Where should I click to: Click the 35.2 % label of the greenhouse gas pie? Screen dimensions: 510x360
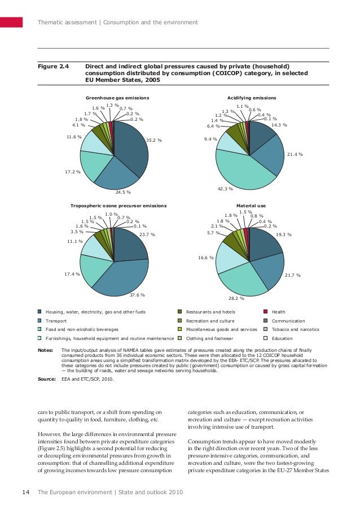(x=153, y=140)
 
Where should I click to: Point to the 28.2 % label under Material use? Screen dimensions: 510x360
(x=236, y=298)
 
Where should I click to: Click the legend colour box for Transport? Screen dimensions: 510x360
(x=39, y=320)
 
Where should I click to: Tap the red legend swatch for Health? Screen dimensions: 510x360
(x=266, y=312)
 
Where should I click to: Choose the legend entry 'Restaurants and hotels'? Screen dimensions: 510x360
(x=210, y=312)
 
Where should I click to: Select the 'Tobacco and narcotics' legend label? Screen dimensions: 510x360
(x=295, y=329)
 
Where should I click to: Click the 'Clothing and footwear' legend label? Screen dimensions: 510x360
(x=209, y=338)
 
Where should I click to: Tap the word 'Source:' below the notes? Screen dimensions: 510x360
(x=46, y=379)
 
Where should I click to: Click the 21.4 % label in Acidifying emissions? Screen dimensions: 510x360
(x=295, y=154)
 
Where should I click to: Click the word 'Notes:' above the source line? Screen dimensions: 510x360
(x=45, y=350)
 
